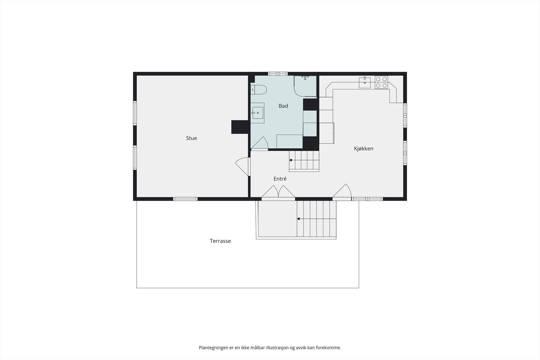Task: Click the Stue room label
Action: click(191, 138)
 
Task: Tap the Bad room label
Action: click(283, 106)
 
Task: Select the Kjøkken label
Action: click(363, 149)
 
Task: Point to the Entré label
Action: click(280, 179)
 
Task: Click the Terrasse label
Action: click(220, 241)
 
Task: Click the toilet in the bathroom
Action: click(259, 90)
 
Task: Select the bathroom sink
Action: click(258, 113)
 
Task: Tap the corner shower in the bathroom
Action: click(305, 86)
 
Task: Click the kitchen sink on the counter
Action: click(365, 82)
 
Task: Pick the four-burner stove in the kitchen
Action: click(381, 82)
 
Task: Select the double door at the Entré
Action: click(278, 192)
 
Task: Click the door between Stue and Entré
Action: click(243, 167)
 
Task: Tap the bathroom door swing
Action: click(260, 143)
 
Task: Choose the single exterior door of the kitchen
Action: click(342, 192)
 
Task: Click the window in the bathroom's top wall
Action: click(278, 74)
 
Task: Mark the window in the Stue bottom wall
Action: click(185, 199)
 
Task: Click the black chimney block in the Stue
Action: click(240, 127)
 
